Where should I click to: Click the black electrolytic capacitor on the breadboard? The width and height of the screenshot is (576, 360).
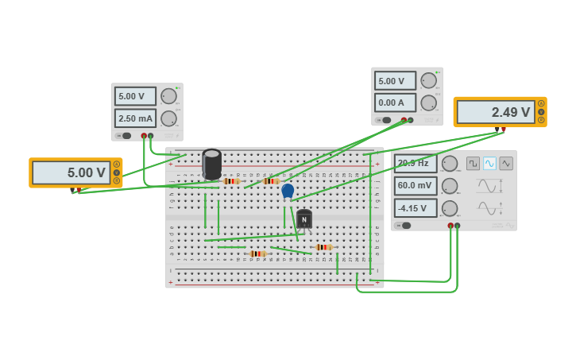coord(211,164)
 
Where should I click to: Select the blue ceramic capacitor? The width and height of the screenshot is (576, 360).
coord(288,191)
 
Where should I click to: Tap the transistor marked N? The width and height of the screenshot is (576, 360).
coord(303,219)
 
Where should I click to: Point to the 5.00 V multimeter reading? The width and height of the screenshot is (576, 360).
coord(71,172)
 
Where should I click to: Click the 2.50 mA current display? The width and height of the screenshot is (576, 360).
coord(135,118)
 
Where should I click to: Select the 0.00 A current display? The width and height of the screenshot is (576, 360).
coord(395,103)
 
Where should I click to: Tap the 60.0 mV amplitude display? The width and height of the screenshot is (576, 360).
coord(416,186)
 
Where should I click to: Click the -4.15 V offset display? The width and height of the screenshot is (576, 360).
coord(416,208)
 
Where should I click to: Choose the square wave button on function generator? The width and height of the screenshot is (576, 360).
coord(473,163)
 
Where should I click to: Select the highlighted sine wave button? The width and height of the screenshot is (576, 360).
coord(489,163)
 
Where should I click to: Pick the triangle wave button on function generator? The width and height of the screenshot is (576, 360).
coord(506,163)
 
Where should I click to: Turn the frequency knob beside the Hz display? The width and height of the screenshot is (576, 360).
coord(450,164)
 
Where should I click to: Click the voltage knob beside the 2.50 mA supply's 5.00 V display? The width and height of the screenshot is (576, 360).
coord(168,96)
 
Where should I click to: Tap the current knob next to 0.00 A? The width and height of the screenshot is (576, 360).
coord(428,103)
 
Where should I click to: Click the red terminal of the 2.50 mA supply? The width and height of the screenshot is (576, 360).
coord(144,136)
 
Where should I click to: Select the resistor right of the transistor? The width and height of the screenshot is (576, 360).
coord(323,247)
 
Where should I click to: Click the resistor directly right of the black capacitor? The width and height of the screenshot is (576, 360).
coord(231,181)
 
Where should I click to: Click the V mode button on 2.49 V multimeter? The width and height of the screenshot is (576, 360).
coord(541,112)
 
